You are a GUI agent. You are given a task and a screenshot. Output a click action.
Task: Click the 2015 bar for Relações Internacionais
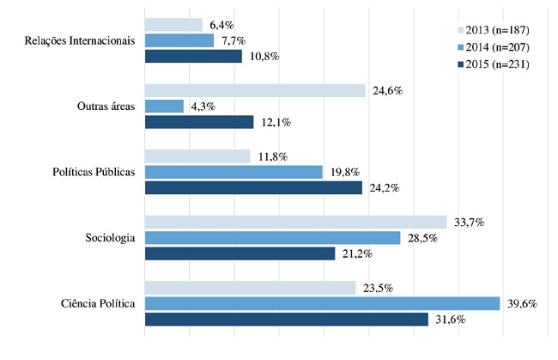pos(193,57)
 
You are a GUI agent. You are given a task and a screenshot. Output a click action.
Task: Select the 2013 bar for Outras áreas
pos(255,90)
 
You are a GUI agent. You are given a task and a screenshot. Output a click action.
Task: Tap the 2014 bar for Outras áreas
pos(164,106)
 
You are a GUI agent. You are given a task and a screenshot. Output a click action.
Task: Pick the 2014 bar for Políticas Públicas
pos(234,172)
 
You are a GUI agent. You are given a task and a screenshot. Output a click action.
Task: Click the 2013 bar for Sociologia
pos(295,222)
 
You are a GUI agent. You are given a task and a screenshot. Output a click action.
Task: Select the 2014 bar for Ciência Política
pos(322,303)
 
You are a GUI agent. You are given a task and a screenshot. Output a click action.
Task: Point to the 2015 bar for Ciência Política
pos(286,320)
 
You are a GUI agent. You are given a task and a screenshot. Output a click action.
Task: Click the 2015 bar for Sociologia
pos(240,253)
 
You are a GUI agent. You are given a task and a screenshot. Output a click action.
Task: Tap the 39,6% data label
pos(522,303)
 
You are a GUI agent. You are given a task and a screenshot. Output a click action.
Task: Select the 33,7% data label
pos(469,222)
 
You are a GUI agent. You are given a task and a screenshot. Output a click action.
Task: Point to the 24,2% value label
pos(384,188)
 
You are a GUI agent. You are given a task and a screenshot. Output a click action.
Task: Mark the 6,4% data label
pos(222,24)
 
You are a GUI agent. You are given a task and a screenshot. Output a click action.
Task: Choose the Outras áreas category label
pos(105,107)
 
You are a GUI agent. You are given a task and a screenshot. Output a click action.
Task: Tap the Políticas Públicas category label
pos(89,172)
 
